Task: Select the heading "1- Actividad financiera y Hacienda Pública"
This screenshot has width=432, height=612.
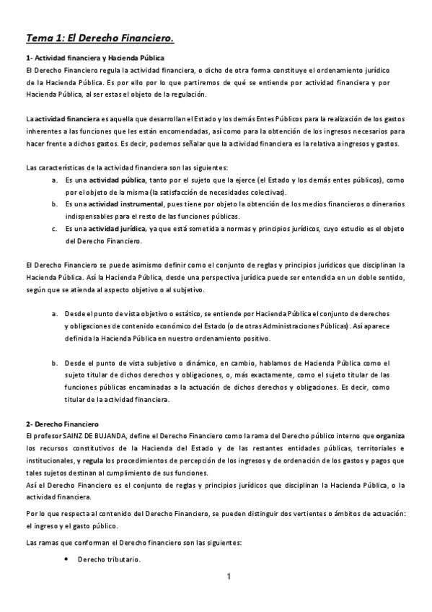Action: (94, 57)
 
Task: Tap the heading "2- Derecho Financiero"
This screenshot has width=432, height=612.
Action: (62, 423)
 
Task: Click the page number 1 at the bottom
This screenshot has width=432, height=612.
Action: (228, 576)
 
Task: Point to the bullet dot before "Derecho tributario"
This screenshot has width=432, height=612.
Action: (66, 561)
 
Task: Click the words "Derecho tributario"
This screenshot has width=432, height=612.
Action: (108, 561)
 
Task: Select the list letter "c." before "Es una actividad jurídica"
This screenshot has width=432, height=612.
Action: (55, 229)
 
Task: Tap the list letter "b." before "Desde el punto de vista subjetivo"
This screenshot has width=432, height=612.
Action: (55, 363)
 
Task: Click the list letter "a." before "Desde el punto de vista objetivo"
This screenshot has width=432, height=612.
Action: (55, 315)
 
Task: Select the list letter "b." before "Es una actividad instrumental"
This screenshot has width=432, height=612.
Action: (55, 204)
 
